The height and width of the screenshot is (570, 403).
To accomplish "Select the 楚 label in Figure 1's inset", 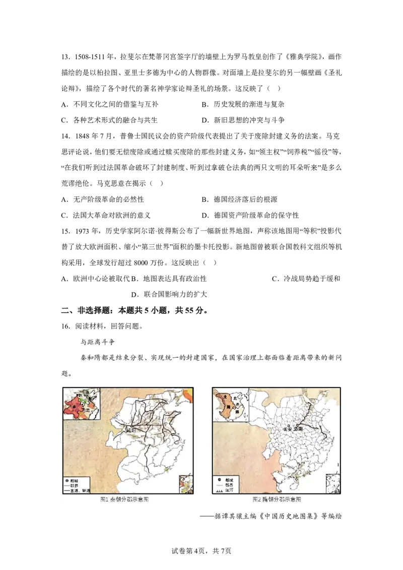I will coord(89,410).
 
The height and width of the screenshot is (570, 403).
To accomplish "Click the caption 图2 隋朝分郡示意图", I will coord(277,500).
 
